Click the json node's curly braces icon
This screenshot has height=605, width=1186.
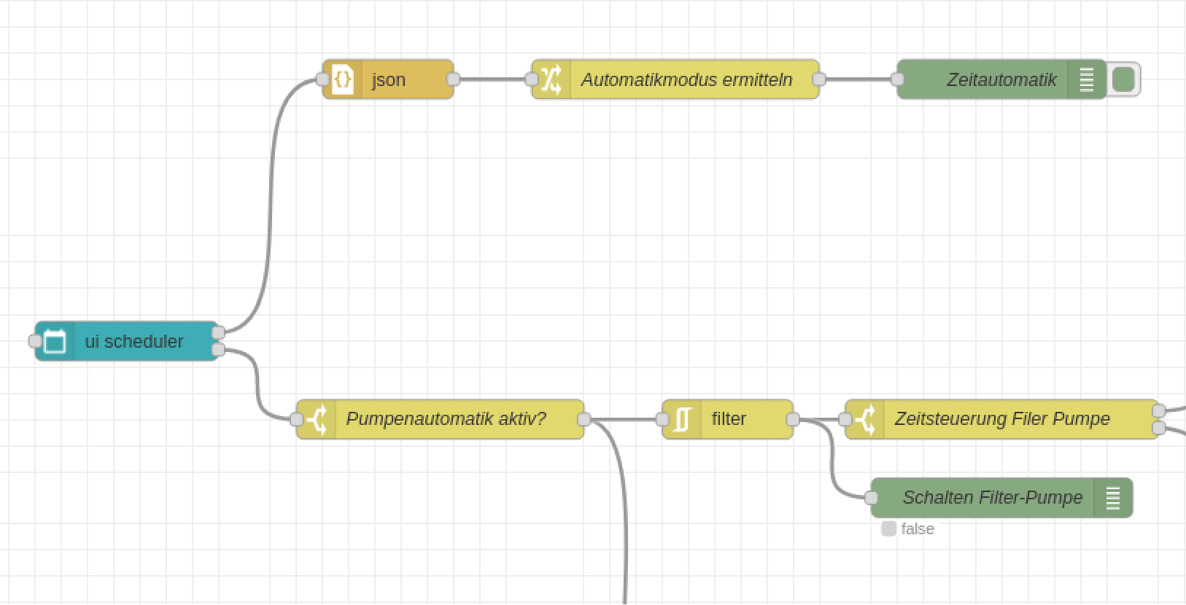343,79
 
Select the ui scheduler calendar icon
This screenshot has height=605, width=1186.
55,341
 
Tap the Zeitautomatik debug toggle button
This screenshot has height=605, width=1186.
1124,79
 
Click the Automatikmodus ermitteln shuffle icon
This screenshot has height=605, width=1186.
551,79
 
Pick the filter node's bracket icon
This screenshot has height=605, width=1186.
682,419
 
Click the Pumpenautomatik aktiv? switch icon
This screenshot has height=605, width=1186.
317,419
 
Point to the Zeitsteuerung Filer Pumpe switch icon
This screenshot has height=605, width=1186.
865,419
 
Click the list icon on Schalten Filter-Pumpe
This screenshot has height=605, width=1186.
1113,498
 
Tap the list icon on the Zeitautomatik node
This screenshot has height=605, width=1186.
1087,79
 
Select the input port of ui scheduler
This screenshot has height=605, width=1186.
34,341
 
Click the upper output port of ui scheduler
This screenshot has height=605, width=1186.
218,333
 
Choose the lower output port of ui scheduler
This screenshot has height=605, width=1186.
218,351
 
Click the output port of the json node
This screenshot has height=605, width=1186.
453,79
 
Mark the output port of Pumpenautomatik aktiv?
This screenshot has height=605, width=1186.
584,419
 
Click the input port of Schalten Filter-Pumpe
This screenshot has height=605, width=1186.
872,498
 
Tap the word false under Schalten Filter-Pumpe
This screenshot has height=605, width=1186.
918,529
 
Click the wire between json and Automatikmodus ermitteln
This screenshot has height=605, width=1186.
492,79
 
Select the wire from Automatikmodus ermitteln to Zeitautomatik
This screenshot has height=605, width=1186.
858,79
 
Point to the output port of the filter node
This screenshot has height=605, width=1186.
793,419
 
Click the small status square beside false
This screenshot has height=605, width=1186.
888,528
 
